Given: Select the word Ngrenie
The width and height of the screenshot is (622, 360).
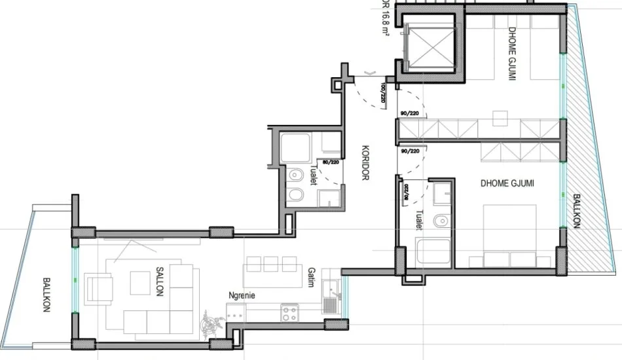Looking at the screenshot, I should (241, 296).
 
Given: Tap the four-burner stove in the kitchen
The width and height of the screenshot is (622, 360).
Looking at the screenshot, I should (290, 314).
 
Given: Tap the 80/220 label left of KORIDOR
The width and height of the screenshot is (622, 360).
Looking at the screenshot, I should (330, 162).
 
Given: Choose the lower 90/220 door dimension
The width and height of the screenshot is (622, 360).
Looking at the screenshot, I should (411, 151).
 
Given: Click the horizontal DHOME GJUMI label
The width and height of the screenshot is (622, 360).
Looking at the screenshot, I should (507, 185).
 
